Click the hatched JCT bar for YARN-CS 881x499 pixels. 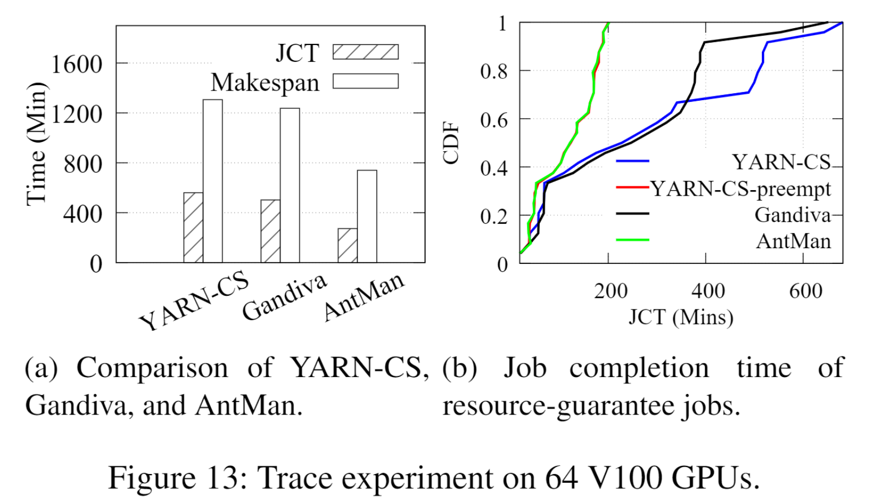tap(193, 228)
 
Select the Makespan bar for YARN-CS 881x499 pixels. tap(213, 181)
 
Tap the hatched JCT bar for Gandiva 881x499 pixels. tap(270, 231)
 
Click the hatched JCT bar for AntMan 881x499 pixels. tap(348, 245)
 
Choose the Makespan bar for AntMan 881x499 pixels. tap(367, 216)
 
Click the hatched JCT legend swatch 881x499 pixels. tap(366, 52)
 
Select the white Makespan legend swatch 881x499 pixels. tap(366, 81)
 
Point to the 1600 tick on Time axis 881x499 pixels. tap(76, 64)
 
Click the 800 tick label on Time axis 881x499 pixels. tap(83, 164)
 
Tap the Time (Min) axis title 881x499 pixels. tap(36, 144)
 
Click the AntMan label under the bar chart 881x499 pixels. tap(363, 296)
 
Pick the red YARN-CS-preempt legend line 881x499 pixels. tap(632, 187)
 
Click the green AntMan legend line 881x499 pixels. tap(632, 239)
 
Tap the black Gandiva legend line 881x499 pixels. tap(632, 213)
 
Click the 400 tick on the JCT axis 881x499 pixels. tap(708, 291)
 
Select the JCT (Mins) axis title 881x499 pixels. tap(681, 316)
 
